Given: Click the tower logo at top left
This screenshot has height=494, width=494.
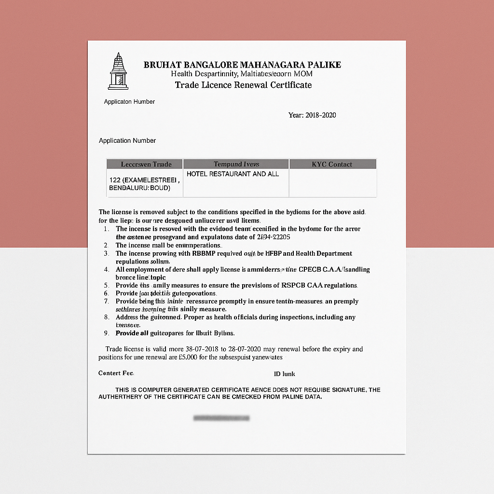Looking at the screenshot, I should (118, 71).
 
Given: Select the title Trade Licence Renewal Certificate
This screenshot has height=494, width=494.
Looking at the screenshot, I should (243, 85).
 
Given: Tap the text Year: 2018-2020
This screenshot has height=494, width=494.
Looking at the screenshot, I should (312, 115).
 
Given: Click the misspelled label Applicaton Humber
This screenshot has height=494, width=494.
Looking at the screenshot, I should (129, 102).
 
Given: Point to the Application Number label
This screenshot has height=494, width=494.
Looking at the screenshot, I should (127, 140).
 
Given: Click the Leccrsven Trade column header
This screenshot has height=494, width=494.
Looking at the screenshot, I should (145, 164).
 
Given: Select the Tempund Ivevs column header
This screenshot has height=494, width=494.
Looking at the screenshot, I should (236, 164).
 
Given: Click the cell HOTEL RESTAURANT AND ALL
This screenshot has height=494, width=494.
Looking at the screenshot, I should (233, 174).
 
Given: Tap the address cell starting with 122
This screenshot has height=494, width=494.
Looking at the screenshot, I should (144, 184).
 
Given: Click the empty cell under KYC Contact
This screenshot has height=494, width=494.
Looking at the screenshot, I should (332, 183).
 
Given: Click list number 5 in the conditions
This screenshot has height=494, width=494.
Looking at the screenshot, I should (106, 285).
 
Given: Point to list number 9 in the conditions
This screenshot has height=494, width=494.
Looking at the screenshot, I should (106, 333).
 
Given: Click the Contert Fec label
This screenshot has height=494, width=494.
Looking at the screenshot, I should (116, 373).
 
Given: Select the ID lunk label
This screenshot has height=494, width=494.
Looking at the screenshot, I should (284, 374).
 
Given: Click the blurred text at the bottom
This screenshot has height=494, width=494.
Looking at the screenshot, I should (221, 418).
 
